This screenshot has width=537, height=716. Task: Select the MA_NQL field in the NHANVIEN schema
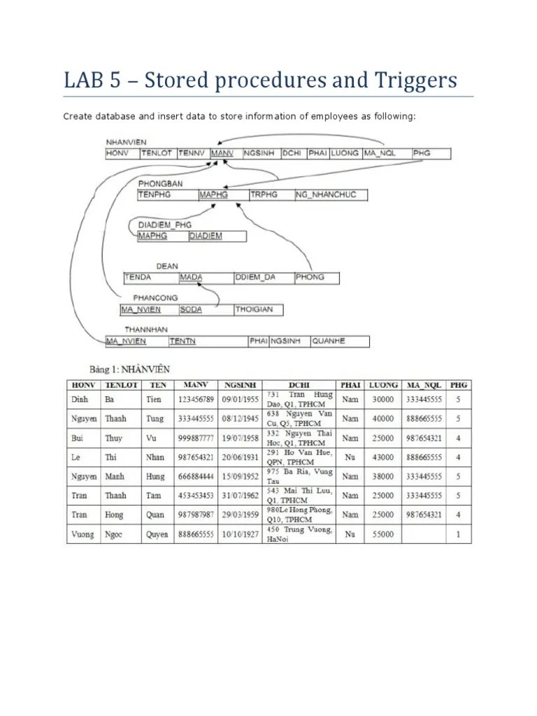pyautogui.click(x=378, y=153)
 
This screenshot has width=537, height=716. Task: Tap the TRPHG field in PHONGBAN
pyautogui.click(x=264, y=195)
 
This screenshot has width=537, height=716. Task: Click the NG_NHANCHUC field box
pyautogui.click(x=326, y=195)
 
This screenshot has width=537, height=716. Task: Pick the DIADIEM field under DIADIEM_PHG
pyautogui.click(x=206, y=236)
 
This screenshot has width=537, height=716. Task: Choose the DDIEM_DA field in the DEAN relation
pyautogui.click(x=255, y=278)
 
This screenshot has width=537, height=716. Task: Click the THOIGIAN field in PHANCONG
pyautogui.click(x=255, y=310)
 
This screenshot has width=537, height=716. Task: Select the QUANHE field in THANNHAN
pyautogui.click(x=329, y=341)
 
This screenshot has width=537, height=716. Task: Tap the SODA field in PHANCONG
pyautogui.click(x=191, y=310)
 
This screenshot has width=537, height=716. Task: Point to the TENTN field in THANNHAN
pyautogui.click(x=182, y=341)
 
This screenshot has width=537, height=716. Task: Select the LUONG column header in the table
pyautogui.click(x=384, y=385)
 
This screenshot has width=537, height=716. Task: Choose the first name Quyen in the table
pyautogui.click(x=155, y=534)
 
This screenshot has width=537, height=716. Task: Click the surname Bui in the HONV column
pyautogui.click(x=78, y=438)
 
